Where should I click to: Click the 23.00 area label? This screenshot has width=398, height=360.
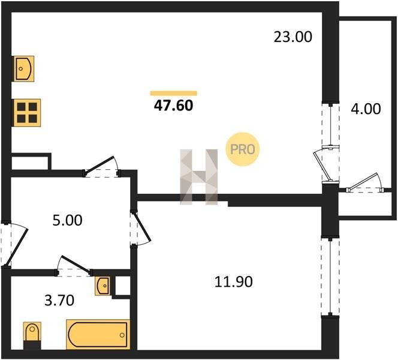pyautogui.click(x=293, y=37)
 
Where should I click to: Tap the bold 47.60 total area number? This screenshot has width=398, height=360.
pyautogui.click(x=174, y=106)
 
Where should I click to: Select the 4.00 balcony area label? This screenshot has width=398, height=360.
pyautogui.click(x=366, y=109)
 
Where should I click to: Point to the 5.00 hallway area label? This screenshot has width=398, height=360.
pyautogui.click(x=67, y=221)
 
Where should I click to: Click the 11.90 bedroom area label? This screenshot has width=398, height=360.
pyautogui.click(x=234, y=282)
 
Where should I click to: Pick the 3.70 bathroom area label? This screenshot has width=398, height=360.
pyautogui.click(x=59, y=301)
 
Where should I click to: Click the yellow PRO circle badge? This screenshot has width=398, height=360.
pyautogui.click(x=242, y=149)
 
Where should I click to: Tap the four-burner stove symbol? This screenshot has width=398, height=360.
pyautogui.click(x=27, y=113)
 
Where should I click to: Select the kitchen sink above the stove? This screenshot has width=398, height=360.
pyautogui.click(x=23, y=68)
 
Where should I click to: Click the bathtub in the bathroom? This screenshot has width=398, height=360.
pyautogui.click(x=98, y=335)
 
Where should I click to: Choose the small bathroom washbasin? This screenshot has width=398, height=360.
pyautogui.click(x=103, y=286)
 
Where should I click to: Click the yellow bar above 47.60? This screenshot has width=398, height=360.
pyautogui.click(x=174, y=93)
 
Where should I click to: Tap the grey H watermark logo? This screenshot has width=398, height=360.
pyautogui.click(x=199, y=177)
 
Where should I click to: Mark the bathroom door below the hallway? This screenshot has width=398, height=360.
pyautogui.click(x=74, y=266)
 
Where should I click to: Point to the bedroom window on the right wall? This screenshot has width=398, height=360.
pyautogui.click(x=330, y=277)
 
